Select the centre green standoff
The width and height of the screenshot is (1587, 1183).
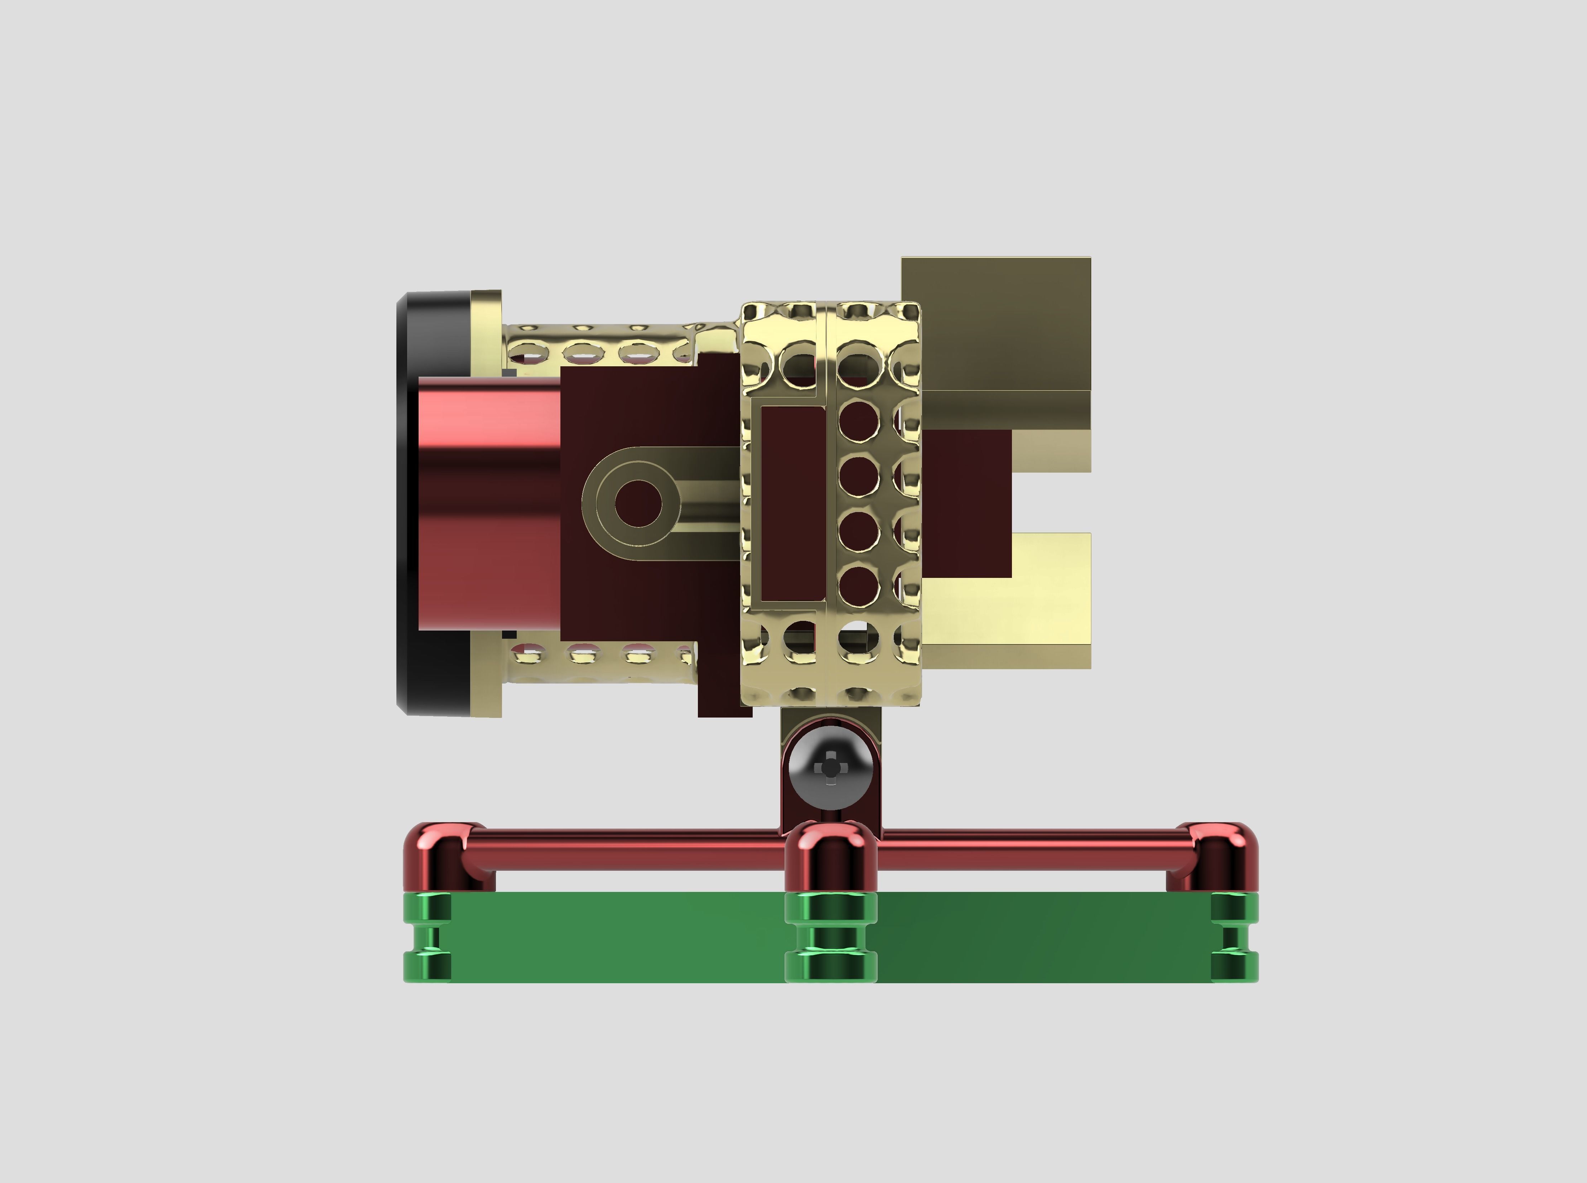(831, 937)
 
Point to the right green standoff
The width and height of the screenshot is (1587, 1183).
(1233, 937)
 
